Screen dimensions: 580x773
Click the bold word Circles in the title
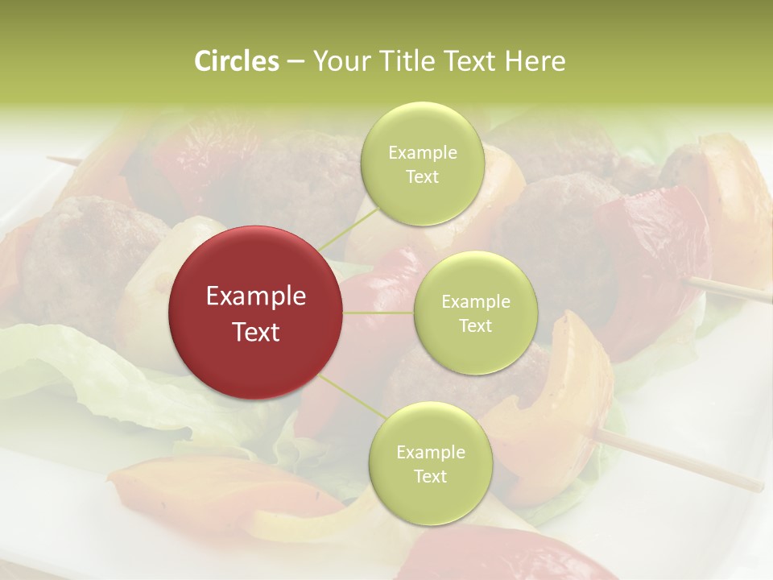(x=236, y=61)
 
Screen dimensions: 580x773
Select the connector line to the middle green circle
(x=378, y=312)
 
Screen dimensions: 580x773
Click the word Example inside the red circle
(x=256, y=296)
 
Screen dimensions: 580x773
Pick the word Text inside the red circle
(x=256, y=332)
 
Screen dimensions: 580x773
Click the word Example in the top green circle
(x=422, y=153)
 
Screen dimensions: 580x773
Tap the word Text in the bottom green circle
(x=430, y=476)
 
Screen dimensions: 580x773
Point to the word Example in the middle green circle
(x=475, y=302)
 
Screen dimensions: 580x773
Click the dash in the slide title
(x=296, y=62)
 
